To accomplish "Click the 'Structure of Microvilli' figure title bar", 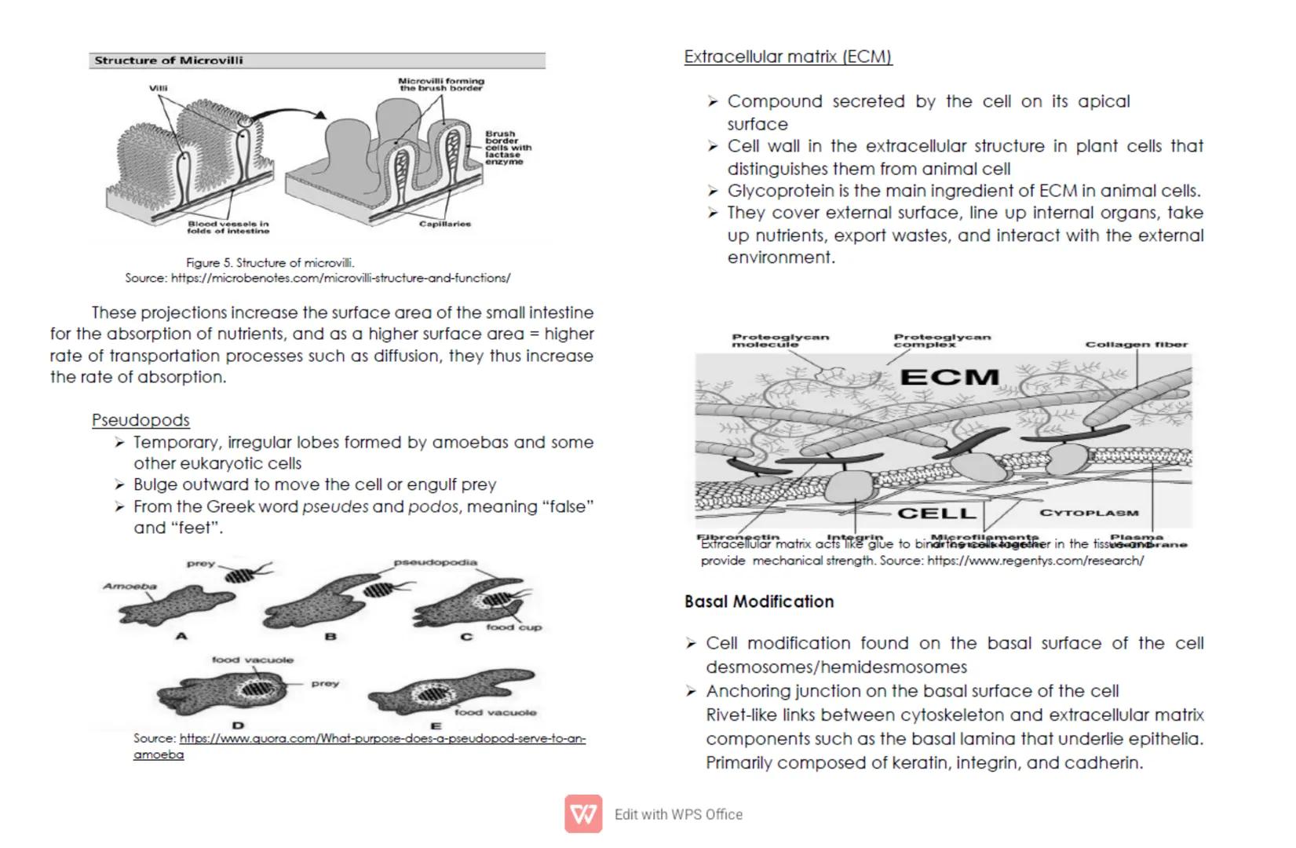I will click(x=316, y=60).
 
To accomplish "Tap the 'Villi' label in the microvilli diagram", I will click(x=159, y=88).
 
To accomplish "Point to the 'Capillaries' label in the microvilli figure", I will click(x=445, y=224).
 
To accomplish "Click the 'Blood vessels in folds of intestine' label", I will click(x=228, y=228).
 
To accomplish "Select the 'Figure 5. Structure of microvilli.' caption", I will click(x=270, y=263).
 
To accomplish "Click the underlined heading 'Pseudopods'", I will click(x=141, y=420).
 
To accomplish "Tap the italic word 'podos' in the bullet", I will click(x=433, y=507).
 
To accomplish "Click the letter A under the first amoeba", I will click(x=181, y=636).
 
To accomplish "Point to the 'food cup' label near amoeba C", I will click(x=513, y=627).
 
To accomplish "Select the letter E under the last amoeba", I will click(x=436, y=726).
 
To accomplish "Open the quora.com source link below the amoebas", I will click(x=382, y=739).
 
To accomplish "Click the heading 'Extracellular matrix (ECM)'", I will click(x=787, y=57).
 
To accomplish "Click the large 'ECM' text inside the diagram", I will click(x=949, y=378).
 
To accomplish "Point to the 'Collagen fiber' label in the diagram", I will click(x=1136, y=344).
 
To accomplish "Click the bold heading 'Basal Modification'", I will click(x=759, y=601).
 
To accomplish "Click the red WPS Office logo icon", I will click(x=583, y=814).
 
